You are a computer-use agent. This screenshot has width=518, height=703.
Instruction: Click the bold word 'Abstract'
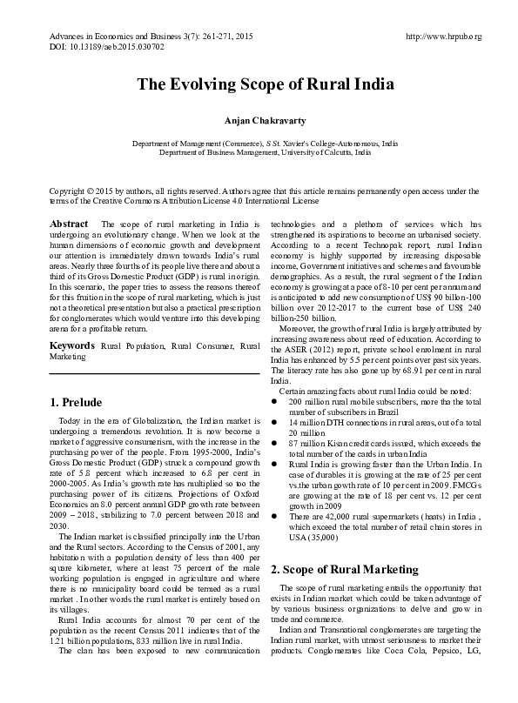(x=69, y=224)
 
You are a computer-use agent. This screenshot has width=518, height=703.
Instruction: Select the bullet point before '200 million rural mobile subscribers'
(x=274, y=402)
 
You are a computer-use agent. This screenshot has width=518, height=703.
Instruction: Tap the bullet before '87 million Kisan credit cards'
(x=274, y=442)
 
